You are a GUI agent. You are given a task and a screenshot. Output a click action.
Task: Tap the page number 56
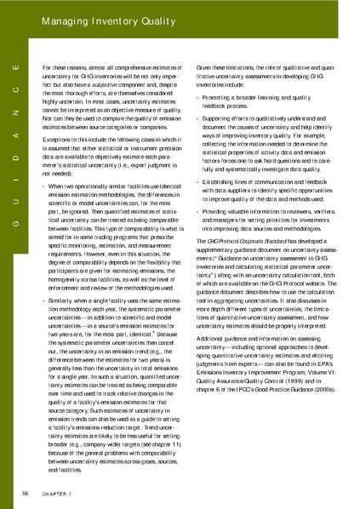pos(26,493)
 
